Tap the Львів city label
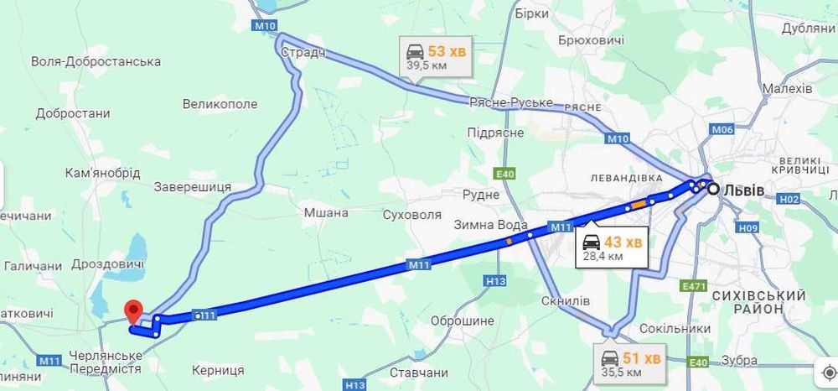[x=744, y=190]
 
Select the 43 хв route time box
[x=612, y=248]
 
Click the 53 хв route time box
[x=436, y=56]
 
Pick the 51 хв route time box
[x=630, y=364]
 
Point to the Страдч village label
[x=303, y=53]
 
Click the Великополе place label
[x=220, y=104]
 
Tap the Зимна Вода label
[x=491, y=225]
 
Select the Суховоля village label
[x=411, y=214]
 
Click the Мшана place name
[x=325, y=212]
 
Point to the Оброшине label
[x=462, y=321]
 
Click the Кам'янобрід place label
[x=102, y=173]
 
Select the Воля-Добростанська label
[x=96, y=62]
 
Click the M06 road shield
[x=722, y=129]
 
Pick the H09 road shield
[x=748, y=227]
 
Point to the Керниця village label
[x=217, y=370]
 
